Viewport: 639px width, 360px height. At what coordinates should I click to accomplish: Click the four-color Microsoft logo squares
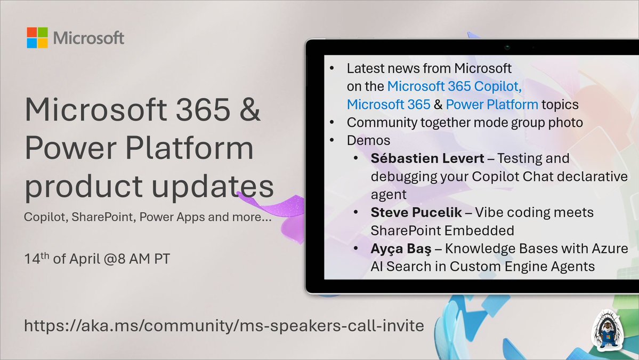tap(37, 38)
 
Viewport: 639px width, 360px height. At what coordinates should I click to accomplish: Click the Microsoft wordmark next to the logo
tap(88, 38)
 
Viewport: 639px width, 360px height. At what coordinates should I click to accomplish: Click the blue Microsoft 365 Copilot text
tap(454, 86)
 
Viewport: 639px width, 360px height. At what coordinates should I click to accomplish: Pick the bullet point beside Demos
tap(333, 141)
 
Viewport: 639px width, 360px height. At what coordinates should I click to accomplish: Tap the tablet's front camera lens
tap(507, 47)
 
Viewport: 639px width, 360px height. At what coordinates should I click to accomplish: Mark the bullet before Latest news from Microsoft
tap(333, 68)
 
